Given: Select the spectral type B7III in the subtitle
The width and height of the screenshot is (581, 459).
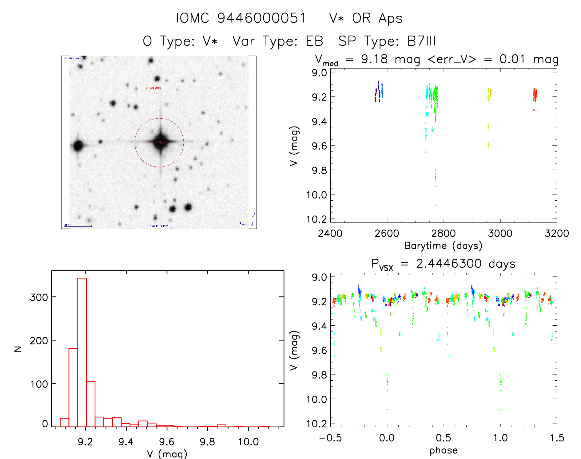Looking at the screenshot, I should [421, 41].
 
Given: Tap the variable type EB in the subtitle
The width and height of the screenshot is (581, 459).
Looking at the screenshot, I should [314, 41].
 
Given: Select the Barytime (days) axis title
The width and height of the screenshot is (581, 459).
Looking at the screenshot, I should [443, 246].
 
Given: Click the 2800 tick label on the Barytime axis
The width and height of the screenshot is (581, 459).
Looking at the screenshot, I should [443, 233].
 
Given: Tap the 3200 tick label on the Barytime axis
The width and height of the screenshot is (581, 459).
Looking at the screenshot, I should [557, 233].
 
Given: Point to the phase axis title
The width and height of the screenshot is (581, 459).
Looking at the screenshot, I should [443, 450].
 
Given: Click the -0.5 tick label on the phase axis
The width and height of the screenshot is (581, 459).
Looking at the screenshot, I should [330, 438].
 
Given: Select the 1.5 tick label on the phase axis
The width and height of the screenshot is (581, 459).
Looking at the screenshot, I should [557, 438].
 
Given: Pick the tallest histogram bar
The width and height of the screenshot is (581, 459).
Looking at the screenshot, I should [82, 352].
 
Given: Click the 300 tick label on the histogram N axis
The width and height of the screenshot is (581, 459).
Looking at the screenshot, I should [39, 297].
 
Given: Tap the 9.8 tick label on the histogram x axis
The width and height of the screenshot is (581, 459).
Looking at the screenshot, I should [207, 442].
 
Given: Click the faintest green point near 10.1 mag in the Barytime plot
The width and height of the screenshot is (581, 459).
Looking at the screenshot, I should [436, 205].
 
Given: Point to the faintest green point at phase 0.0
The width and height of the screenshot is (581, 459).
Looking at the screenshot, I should [387, 410].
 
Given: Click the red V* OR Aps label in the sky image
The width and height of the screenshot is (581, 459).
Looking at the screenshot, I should [153, 88].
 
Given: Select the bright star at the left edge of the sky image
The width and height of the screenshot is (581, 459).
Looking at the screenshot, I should [78, 145].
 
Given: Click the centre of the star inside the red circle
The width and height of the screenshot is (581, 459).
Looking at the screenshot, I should [159, 142].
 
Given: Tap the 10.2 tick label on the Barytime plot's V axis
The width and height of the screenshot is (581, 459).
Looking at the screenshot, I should [317, 219].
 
